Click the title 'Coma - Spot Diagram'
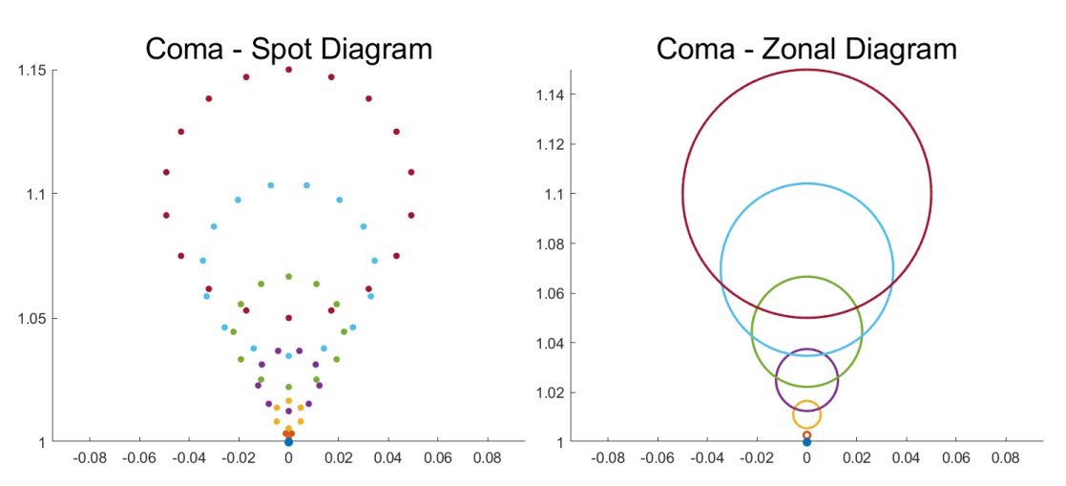click(288, 49)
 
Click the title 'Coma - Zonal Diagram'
click(806, 49)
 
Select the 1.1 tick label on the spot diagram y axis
click(35, 194)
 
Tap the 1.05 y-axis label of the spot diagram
click(31, 318)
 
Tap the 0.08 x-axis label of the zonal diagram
click(1006, 459)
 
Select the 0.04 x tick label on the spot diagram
click(387, 459)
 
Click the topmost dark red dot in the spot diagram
click(288, 70)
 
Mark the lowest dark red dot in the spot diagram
click(288, 318)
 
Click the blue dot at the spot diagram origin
click(288, 442)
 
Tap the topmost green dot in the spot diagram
click(288, 277)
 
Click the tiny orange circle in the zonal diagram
click(806, 434)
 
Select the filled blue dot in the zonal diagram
click(806, 442)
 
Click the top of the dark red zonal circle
click(806, 70)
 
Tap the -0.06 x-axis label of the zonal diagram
click(658, 459)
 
